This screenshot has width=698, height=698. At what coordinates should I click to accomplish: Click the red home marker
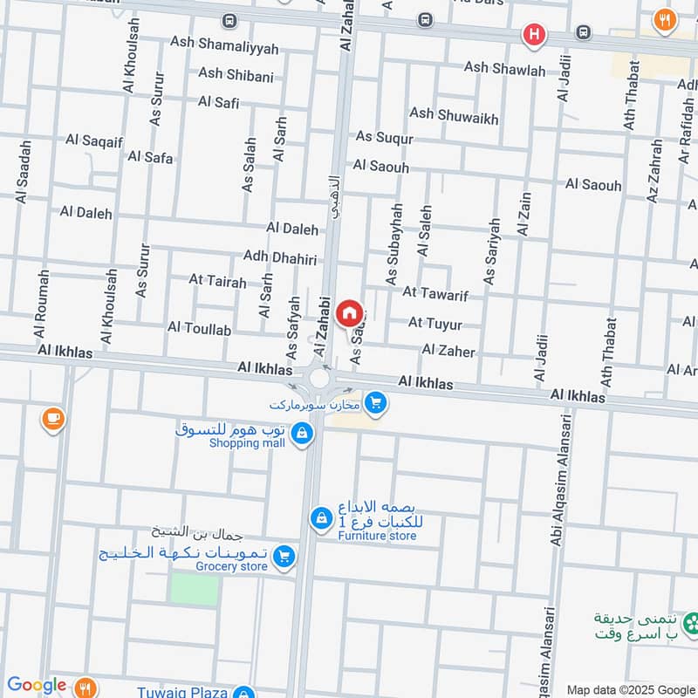(349, 312)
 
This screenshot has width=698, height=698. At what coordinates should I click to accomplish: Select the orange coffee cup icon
(52, 420)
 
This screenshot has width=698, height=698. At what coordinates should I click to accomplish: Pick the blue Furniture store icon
(321, 519)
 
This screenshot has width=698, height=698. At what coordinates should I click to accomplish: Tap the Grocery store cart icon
(283, 556)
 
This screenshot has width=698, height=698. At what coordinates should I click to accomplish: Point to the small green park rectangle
(194, 589)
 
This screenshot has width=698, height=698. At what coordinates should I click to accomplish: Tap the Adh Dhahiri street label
(279, 259)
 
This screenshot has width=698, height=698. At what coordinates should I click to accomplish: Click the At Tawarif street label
(435, 294)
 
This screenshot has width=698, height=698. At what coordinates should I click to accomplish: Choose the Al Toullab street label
(199, 329)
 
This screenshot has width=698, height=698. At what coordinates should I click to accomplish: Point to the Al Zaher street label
(448, 351)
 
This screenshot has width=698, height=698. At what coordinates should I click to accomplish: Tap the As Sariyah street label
(491, 251)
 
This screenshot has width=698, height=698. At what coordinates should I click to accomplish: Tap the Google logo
(37, 686)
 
